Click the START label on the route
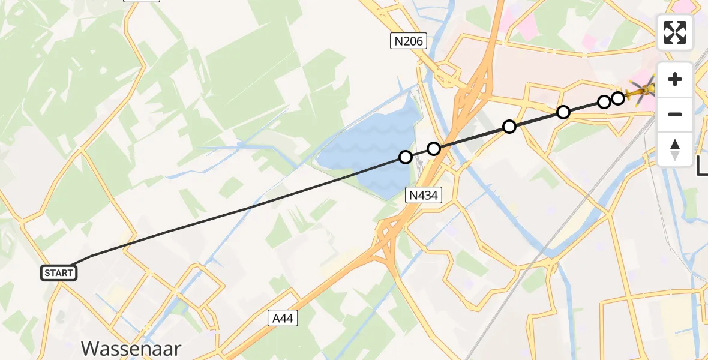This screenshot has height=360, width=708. (x=59, y=273)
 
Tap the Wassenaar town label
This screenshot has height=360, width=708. (x=131, y=349)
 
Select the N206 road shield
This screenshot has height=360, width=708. (x=408, y=41)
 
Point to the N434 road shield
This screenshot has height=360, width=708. (x=424, y=194)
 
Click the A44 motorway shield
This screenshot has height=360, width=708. (x=282, y=318)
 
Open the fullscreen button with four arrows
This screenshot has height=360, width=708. (x=675, y=32)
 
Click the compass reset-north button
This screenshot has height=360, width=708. (x=675, y=149)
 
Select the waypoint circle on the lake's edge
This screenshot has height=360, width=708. (x=406, y=157)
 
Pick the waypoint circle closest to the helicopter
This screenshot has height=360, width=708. (x=618, y=98)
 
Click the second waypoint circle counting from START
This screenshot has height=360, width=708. (x=434, y=149)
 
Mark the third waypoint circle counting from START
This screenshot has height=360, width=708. (x=509, y=127)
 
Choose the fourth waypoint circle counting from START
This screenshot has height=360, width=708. (x=563, y=112)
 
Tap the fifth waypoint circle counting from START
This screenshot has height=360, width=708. (x=604, y=101)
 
